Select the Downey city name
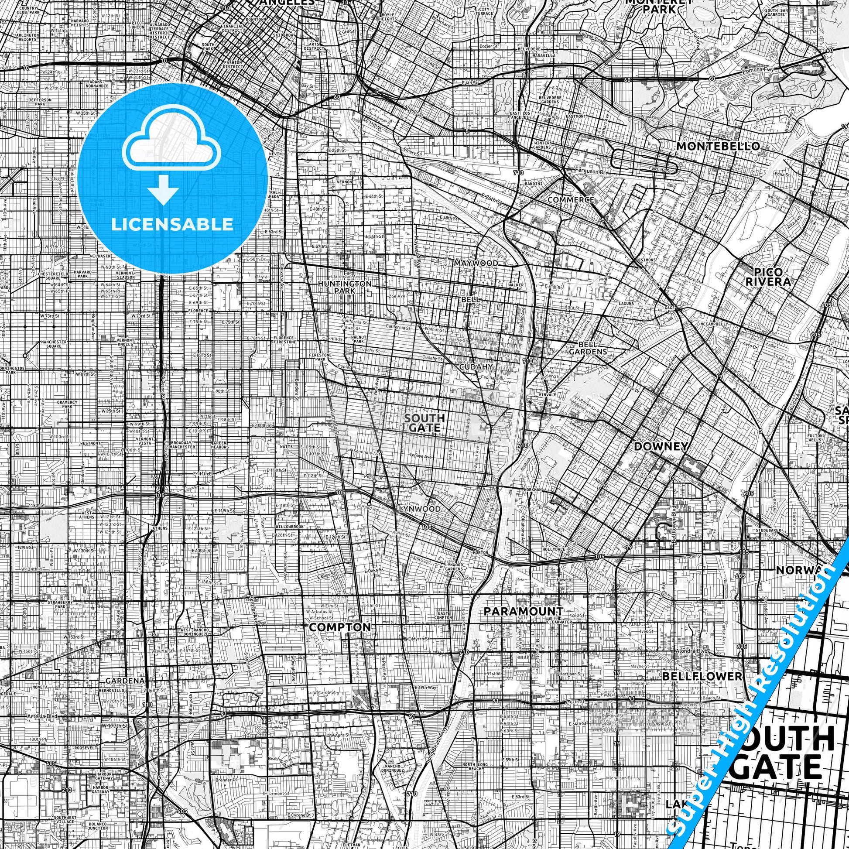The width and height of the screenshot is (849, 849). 661,446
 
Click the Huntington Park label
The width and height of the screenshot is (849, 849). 345,287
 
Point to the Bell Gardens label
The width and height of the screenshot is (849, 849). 588,348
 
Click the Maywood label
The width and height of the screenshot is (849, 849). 476,263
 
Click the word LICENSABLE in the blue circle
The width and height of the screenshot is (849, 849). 172,224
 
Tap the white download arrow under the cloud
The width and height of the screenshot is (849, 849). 164,189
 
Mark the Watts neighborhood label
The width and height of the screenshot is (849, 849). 286,447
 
